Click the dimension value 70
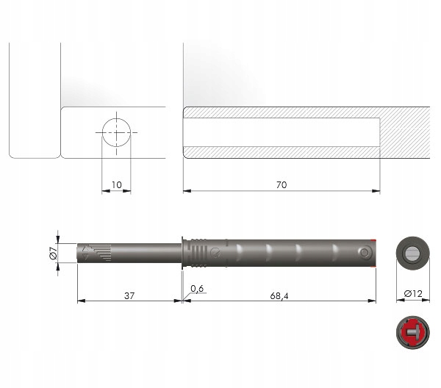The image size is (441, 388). pos(281,185)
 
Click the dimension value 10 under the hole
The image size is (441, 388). pos(116,185)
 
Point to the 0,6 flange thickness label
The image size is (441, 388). pos(196,287)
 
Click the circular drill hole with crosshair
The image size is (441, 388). pos(116,133)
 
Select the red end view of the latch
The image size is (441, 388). pos(412,334)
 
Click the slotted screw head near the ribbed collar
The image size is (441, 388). pos(215,252)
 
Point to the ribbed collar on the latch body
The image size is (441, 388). pos(196,252)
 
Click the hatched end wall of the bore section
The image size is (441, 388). pos(404,133)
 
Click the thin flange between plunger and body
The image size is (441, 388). pos(182,252)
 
